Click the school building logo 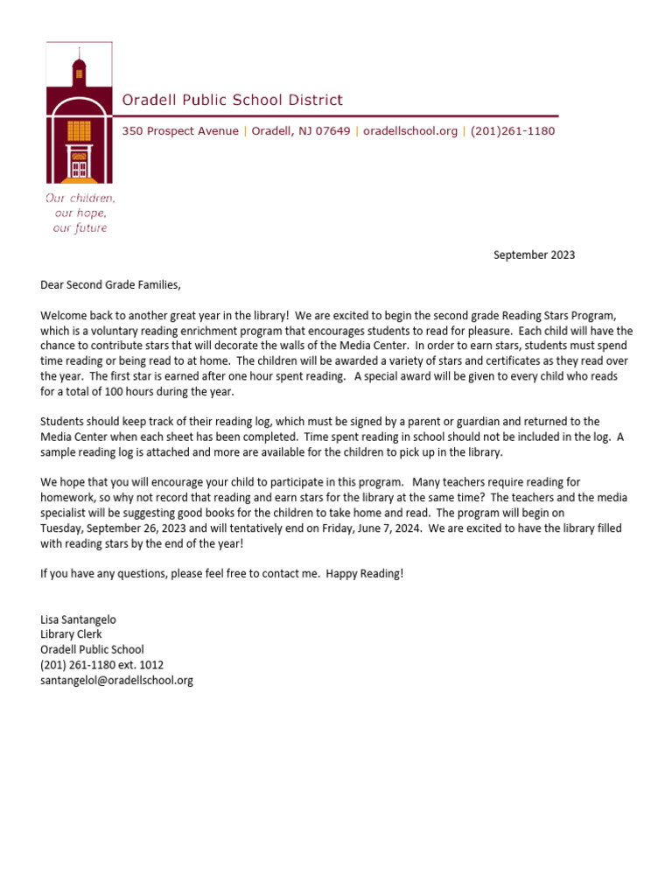[80, 114]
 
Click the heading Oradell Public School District [232, 101]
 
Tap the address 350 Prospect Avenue [180, 131]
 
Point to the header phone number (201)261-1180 [512, 131]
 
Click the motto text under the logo [80, 213]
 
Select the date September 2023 [534, 255]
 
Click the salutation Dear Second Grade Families [110, 285]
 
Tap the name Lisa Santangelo [78, 619]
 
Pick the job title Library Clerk [71, 634]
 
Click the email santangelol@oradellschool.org [116, 680]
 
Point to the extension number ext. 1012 [142, 665]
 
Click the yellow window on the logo [80, 130]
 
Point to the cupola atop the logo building [80, 70]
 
